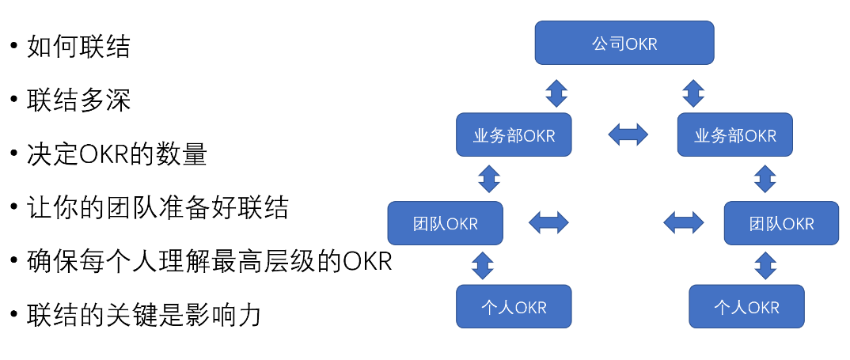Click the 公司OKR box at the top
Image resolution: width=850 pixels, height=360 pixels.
624,43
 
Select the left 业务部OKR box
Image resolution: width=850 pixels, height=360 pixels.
514,135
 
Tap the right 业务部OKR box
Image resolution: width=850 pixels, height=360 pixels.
735,135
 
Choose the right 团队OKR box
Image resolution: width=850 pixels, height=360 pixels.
781,222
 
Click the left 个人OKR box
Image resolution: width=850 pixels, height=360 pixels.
514,306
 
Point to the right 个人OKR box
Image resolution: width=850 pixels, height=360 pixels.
746,306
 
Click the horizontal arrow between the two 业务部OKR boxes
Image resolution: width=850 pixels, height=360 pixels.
628,135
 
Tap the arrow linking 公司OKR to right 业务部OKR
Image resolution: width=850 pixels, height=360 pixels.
693,93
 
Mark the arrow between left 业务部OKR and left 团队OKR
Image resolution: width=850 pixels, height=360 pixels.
489,178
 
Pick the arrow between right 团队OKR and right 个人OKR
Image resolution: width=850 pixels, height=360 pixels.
765,265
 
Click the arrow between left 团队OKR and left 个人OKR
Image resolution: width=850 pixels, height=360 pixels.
482,265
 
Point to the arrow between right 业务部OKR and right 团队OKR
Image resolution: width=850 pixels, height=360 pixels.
765,178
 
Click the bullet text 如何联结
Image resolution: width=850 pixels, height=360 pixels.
78,47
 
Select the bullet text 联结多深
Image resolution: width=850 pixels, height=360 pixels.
78,101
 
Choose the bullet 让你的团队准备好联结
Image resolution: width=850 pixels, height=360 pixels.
157,208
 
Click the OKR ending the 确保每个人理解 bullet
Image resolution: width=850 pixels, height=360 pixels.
368,261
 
